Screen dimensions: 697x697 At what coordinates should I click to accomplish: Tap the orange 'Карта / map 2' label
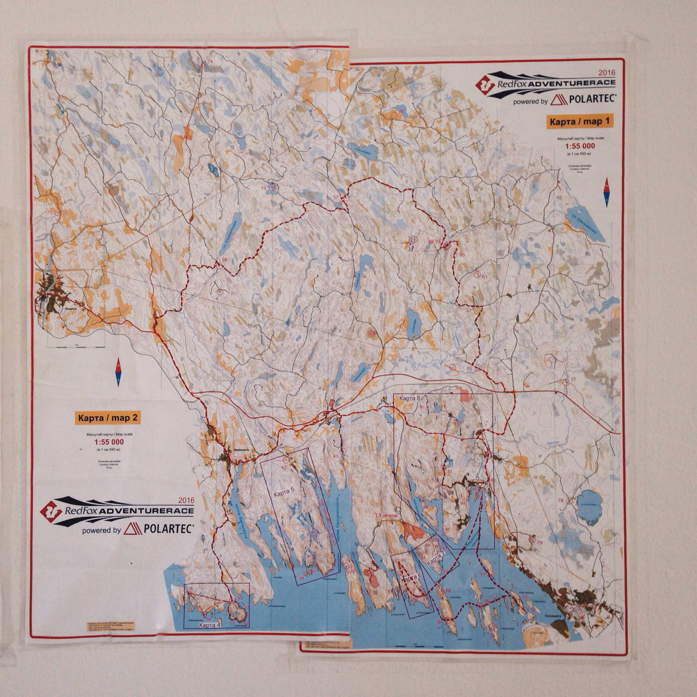point(108,418)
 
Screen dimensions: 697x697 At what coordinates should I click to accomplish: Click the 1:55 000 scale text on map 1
point(580,146)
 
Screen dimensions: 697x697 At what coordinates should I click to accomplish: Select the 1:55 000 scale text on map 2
point(108,442)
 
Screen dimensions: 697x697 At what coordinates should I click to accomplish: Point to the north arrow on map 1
point(606,192)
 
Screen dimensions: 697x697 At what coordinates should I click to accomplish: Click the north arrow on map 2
point(118,372)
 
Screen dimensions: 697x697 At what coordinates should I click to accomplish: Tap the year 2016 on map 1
point(606,72)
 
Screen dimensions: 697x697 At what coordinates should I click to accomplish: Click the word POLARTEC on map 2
point(169,528)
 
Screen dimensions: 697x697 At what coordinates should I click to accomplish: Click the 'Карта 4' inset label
point(210,625)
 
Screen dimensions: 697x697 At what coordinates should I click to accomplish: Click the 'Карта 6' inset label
point(412,578)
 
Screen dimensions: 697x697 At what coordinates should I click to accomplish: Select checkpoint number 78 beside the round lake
point(560,501)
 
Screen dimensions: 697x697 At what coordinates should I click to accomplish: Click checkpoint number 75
point(264,188)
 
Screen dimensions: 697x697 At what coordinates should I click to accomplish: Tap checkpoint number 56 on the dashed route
point(225,259)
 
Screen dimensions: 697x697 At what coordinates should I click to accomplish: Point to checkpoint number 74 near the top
point(211,62)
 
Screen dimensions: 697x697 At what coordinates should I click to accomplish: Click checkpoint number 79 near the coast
point(540,543)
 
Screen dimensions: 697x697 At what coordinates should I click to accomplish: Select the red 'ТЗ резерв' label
point(387,515)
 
